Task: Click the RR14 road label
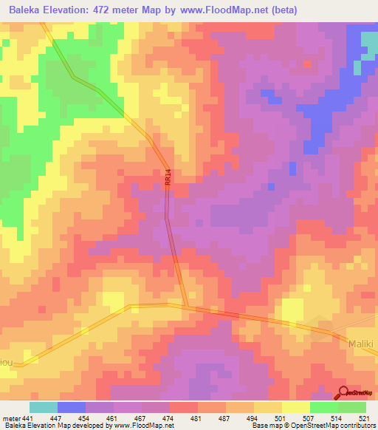pos(168,178)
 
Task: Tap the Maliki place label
pos(361,344)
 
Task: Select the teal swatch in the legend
pos(44,407)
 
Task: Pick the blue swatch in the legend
pos(72,407)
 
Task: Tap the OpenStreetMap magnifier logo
pos(343,392)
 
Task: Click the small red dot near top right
pos(307,64)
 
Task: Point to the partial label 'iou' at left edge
pos(7,362)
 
